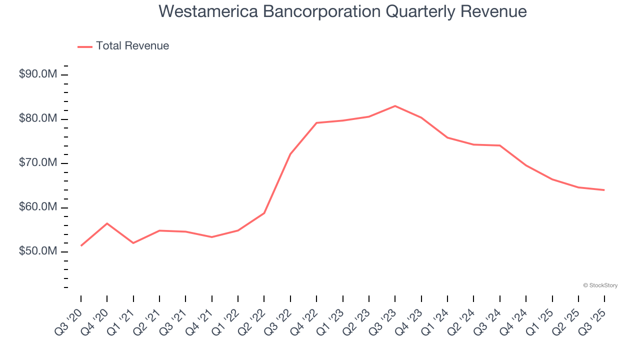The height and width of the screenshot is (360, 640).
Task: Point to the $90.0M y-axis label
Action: coord(38,74)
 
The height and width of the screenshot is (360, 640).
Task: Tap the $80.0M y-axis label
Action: coord(38,119)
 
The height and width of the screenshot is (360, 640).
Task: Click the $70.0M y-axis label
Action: coord(38,163)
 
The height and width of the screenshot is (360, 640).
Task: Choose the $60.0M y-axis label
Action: coord(38,207)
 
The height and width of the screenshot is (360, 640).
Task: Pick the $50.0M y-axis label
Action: coord(38,251)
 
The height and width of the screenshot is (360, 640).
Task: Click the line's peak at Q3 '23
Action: coord(395,106)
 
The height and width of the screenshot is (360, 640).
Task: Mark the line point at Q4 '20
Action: coord(107,223)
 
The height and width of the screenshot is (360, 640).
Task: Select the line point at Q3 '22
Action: coord(290,154)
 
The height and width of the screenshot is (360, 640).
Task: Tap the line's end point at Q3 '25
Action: coord(604,190)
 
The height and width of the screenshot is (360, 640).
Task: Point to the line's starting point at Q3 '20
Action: coord(81,245)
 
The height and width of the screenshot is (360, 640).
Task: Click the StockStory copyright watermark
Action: coord(600,285)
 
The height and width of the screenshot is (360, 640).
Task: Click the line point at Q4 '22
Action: coord(316,123)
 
